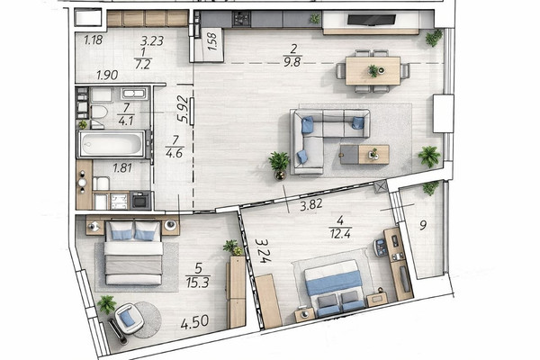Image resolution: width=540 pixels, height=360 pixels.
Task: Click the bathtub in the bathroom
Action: pyautogui.click(x=111, y=144)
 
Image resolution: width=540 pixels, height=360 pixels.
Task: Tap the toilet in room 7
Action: pyautogui.click(x=99, y=112)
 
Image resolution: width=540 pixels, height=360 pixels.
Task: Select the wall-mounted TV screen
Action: pyautogui.click(x=371, y=20)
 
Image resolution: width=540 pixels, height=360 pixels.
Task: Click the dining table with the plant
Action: pyautogui.click(x=373, y=70)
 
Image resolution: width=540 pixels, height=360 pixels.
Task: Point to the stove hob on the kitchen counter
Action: pyautogui.click(x=241, y=19)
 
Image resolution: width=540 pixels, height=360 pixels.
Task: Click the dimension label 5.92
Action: pyautogui.click(x=183, y=109)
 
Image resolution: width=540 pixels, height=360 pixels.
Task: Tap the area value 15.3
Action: pyautogui.click(x=198, y=283)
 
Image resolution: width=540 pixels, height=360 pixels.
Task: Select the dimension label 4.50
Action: pyautogui.click(x=194, y=323)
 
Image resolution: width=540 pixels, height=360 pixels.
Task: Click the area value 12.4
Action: pyautogui.click(x=340, y=234)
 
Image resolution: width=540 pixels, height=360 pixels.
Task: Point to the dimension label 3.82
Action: pyautogui.click(x=311, y=205)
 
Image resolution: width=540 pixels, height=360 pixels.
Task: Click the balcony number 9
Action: pyautogui.click(x=423, y=225)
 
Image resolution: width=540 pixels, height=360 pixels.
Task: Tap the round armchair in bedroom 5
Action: pyautogui.click(x=129, y=319)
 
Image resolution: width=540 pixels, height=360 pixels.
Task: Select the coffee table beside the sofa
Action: pyautogui.click(x=364, y=154)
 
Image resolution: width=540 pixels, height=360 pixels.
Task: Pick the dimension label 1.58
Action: pyautogui.click(x=212, y=41)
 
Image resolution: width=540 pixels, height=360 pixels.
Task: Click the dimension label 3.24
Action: pyautogui.click(x=262, y=251)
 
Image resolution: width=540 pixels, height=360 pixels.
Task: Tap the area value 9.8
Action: pyautogui.click(x=292, y=62)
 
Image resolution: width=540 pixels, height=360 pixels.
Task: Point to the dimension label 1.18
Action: pyautogui.click(x=94, y=40)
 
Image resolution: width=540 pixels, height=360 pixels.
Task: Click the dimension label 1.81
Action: pyautogui.click(x=122, y=168)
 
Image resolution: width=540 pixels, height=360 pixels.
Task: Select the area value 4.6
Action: pyautogui.click(x=174, y=153)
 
